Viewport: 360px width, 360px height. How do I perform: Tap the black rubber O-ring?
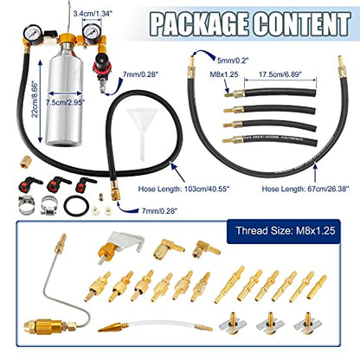(x=75, y=206)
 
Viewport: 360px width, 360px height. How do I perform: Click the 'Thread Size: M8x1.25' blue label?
(x=286, y=231)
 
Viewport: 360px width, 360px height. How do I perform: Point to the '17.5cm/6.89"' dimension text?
(x=280, y=74)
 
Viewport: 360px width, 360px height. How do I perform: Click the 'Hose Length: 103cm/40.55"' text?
(x=183, y=190)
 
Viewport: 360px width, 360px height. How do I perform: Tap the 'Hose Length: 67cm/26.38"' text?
(x=305, y=189)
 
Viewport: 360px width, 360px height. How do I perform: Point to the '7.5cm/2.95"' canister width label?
(x=65, y=102)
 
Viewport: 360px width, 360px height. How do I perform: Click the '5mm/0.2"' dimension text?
(x=232, y=60)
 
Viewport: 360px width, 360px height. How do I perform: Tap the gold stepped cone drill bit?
(x=112, y=327)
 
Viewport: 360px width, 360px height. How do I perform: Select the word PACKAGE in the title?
(x=199, y=23)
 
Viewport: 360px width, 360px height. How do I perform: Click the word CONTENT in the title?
(x=303, y=23)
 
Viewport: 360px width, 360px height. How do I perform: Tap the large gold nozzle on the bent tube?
(x=43, y=325)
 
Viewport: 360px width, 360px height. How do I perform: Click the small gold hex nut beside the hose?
(x=25, y=161)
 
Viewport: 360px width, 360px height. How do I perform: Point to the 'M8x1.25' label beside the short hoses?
(x=224, y=74)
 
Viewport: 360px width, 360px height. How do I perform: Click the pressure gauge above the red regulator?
(x=92, y=33)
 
